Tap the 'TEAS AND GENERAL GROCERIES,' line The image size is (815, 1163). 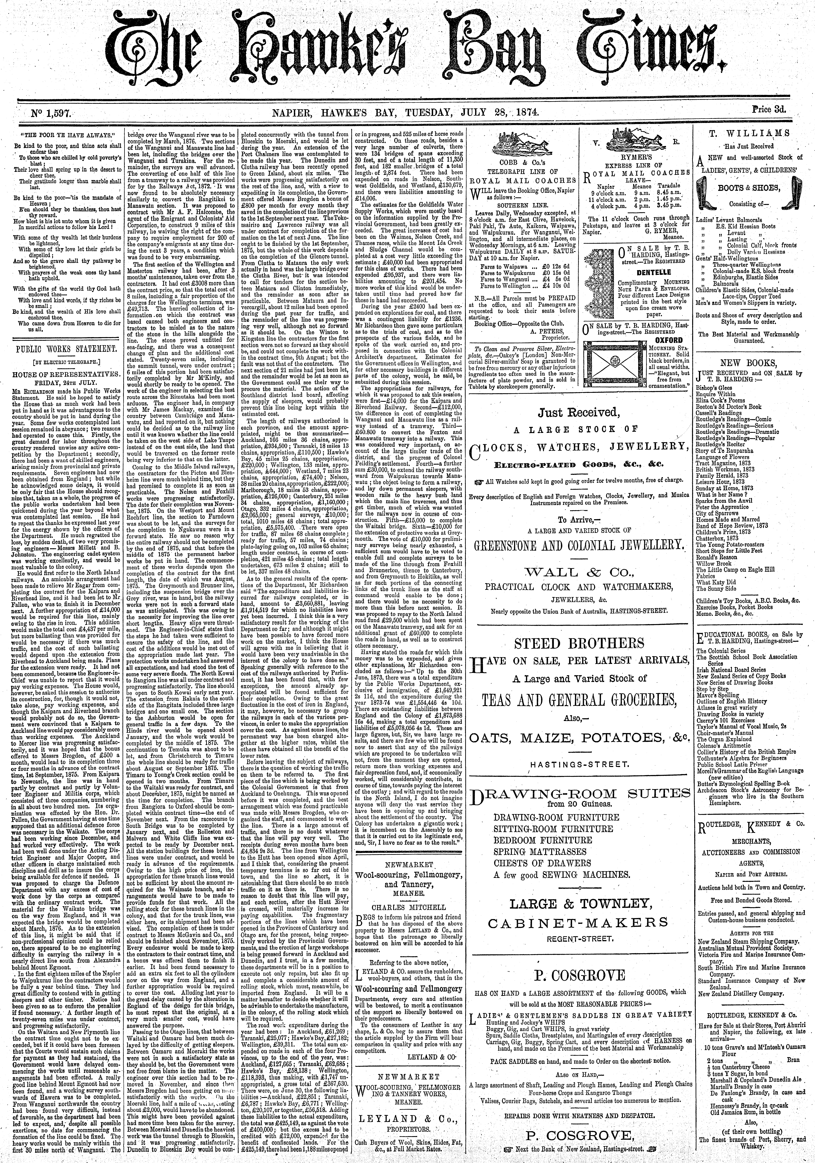click(x=579, y=700)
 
